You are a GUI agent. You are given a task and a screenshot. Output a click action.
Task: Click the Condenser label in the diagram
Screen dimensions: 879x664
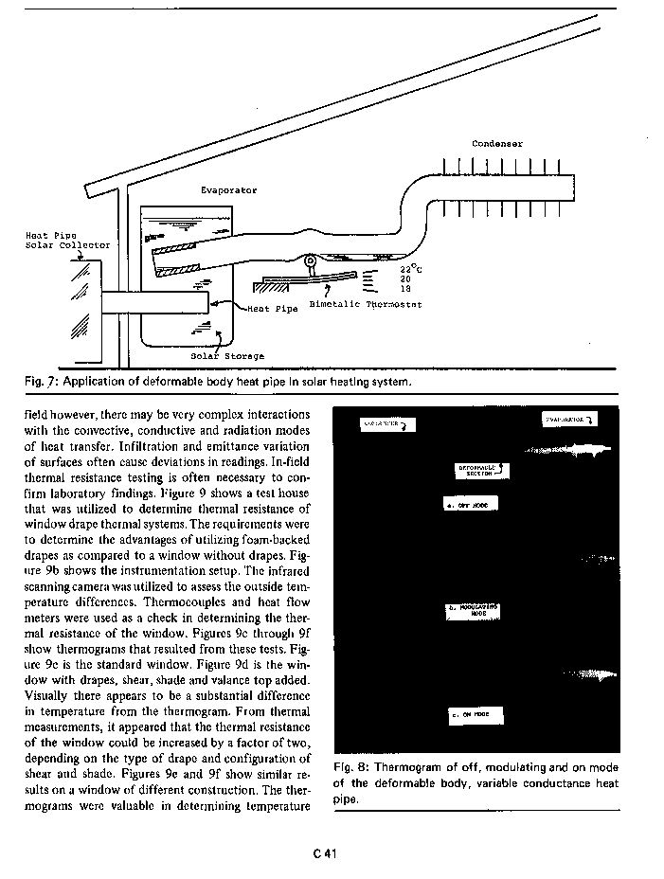[x=497, y=144]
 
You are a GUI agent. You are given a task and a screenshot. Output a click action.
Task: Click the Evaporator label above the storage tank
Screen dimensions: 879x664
[x=228, y=190]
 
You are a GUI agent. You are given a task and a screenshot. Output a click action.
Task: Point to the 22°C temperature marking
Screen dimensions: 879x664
[x=409, y=270]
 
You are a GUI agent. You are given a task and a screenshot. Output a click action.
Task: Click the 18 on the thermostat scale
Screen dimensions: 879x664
[x=404, y=289]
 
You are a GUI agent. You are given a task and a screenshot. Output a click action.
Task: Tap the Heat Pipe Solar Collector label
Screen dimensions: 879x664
[x=67, y=240]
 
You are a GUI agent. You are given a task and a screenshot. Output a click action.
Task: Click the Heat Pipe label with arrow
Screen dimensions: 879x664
[x=273, y=309]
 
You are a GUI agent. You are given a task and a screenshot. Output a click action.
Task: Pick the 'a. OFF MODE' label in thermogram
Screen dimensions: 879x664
[x=471, y=505]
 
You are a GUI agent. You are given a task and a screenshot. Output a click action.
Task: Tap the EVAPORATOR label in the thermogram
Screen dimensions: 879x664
[x=566, y=418]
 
